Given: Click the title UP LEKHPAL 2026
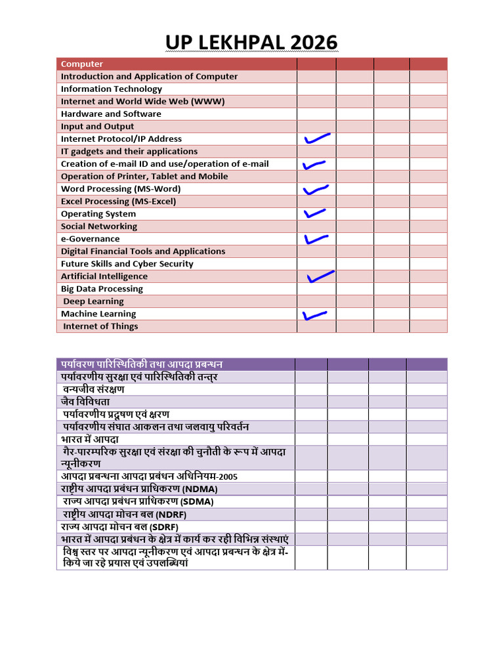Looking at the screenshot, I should pos(251,43).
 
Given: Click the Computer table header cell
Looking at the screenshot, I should pos(82,64).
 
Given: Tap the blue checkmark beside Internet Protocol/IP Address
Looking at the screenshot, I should pos(316,138).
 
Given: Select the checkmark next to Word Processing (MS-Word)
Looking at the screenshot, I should pos(316,189).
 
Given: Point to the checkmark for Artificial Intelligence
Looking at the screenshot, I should pos(320,276).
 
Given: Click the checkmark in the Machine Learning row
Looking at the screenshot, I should pos(315,315).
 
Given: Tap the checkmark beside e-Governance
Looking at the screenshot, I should pos(316,239).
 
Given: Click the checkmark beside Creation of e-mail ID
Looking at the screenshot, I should pos(314,164).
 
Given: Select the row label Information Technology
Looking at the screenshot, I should pos(112,89).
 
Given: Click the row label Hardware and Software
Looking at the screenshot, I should pos(111,114).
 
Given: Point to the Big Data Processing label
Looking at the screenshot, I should pos(102,289).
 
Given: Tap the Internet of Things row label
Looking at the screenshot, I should pos(100,326).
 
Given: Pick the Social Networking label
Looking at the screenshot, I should pos(99,226).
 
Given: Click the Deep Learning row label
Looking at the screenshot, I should pos(93,301).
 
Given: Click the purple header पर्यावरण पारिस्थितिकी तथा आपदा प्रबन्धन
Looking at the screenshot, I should pos(142,364).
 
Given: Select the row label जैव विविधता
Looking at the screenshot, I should pos(85,402).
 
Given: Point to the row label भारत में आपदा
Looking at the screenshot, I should pos(89,439).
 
